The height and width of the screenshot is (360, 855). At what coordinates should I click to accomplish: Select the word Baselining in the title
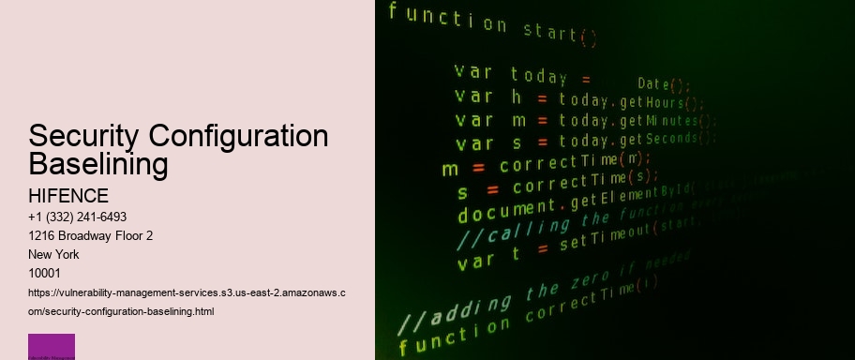[x=98, y=165]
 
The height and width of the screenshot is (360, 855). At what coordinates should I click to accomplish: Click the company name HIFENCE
[x=69, y=196]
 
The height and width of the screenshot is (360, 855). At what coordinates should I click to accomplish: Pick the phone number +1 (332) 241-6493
[x=78, y=217]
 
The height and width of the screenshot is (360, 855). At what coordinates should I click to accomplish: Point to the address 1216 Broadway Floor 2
[x=91, y=235]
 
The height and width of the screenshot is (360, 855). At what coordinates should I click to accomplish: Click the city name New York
[x=54, y=254]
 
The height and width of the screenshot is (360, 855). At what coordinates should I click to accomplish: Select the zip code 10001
[x=45, y=273]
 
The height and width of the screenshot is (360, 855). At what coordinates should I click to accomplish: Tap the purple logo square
[x=52, y=347]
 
